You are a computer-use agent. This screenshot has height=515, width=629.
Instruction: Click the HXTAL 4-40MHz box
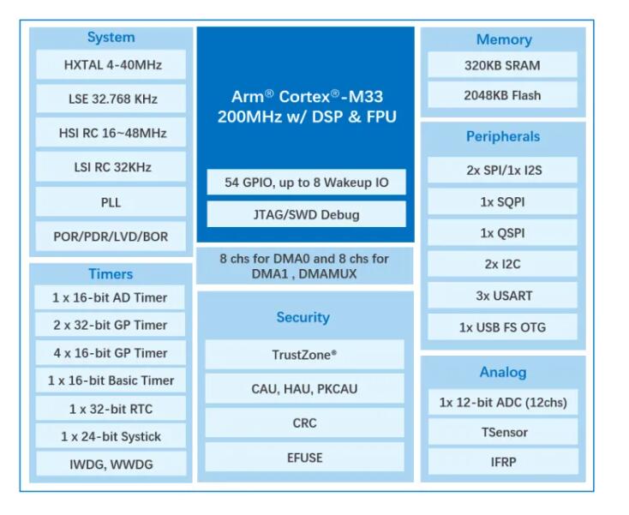111,64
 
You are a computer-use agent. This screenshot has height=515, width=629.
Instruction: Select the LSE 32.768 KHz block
111,99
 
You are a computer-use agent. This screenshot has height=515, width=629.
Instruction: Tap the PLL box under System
111,202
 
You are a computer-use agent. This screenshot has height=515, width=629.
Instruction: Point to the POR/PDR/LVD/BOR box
111,237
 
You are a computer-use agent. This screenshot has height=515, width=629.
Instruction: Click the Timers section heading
111,274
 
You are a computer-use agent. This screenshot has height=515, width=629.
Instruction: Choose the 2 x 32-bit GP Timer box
111,325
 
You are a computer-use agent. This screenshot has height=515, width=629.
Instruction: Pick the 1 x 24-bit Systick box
111,436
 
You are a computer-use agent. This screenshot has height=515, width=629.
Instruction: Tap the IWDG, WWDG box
111,464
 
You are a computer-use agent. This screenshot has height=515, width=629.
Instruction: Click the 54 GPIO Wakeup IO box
307,183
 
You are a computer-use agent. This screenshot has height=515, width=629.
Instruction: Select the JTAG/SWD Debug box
307,214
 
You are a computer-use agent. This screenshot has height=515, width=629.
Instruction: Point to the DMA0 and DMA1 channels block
305,266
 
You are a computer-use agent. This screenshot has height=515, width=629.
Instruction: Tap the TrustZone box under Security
304,355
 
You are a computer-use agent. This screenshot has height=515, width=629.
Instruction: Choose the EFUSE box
304,458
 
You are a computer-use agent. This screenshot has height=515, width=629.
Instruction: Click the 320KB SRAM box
502,65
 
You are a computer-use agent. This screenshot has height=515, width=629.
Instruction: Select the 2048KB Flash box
502,95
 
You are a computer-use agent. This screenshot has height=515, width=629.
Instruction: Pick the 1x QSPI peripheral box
502,232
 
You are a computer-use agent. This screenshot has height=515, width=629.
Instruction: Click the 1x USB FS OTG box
502,327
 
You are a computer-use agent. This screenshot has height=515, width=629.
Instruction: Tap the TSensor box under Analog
503,432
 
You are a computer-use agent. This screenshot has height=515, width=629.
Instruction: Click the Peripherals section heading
503,136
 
